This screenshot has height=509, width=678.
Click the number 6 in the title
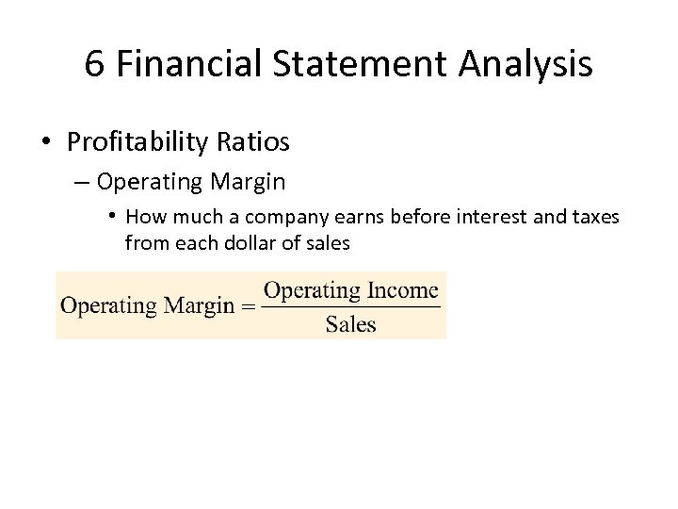point(94,64)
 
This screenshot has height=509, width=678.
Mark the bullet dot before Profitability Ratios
point(46,143)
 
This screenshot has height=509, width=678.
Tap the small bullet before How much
point(112,216)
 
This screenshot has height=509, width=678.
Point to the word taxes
point(592,217)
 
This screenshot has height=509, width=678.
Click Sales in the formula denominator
point(350,324)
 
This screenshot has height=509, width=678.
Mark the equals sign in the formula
point(248,306)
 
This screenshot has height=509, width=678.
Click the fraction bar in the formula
point(350,306)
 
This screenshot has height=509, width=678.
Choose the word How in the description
point(144,217)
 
